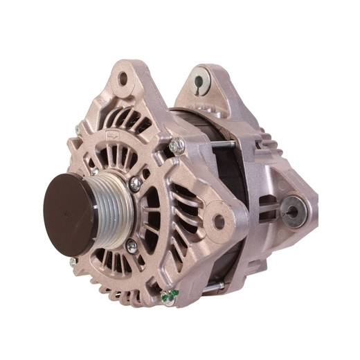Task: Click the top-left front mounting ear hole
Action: point(123,78)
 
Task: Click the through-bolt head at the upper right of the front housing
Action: point(177,145)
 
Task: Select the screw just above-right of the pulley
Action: point(136,183)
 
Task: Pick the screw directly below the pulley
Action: point(131,246)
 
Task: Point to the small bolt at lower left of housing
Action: point(73,262)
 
